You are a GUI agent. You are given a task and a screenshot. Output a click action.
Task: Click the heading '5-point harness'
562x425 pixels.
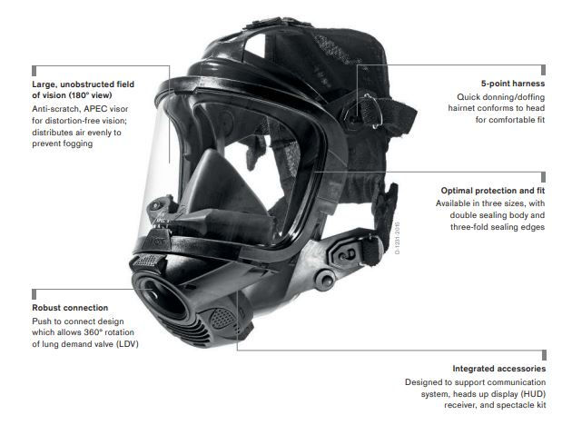click(x=513, y=84)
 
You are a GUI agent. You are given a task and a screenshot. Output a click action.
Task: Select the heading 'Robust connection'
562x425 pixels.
click(x=70, y=308)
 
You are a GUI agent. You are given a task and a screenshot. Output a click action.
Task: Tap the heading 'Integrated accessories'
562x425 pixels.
click(x=499, y=369)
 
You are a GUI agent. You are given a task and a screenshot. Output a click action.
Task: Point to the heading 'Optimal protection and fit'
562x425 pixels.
click(x=493, y=191)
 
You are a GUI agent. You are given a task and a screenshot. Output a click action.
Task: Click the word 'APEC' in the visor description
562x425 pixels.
click(x=95, y=109)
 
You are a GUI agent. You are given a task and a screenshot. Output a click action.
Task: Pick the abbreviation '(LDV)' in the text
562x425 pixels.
click(x=127, y=344)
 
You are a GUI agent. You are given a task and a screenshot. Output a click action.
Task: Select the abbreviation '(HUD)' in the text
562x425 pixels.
click(x=534, y=394)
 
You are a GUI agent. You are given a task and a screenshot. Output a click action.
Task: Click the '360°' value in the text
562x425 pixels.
click(x=94, y=332)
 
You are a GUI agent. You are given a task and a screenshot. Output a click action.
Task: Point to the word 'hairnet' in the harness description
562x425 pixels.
click(x=461, y=108)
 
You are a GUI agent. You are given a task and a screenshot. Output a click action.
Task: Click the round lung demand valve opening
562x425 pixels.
click(x=162, y=300)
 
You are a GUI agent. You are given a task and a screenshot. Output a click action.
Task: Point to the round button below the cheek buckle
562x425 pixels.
click(x=325, y=279)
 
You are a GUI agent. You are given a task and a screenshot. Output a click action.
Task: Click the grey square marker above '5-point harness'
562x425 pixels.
click(x=543, y=70)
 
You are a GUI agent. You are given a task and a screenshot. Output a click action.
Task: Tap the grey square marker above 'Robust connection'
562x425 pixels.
click(x=35, y=294)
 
